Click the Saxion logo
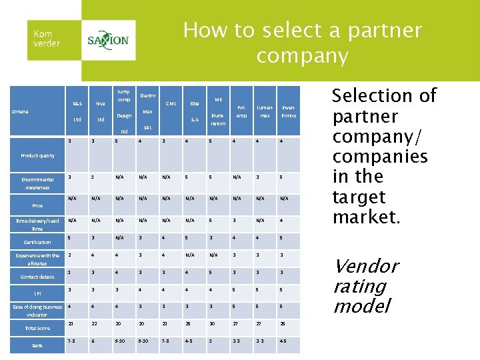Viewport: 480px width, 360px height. click(108, 40)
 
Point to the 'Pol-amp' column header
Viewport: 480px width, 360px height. click(241, 111)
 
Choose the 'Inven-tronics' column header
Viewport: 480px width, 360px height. click(289, 111)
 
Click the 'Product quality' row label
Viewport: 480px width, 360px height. click(37, 156)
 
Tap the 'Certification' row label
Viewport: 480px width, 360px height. click(37, 242)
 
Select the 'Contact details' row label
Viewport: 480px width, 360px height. click(37, 277)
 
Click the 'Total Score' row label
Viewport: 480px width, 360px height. click(37, 328)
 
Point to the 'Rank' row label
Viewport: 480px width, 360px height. click(37, 345)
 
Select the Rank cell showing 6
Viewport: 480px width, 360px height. click(93, 341)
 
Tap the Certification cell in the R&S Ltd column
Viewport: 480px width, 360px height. click(70, 237)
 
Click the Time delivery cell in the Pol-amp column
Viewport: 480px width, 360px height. click(234, 220)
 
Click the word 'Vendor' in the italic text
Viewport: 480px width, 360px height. click(366, 267)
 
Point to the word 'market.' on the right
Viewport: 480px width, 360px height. click(367, 217)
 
